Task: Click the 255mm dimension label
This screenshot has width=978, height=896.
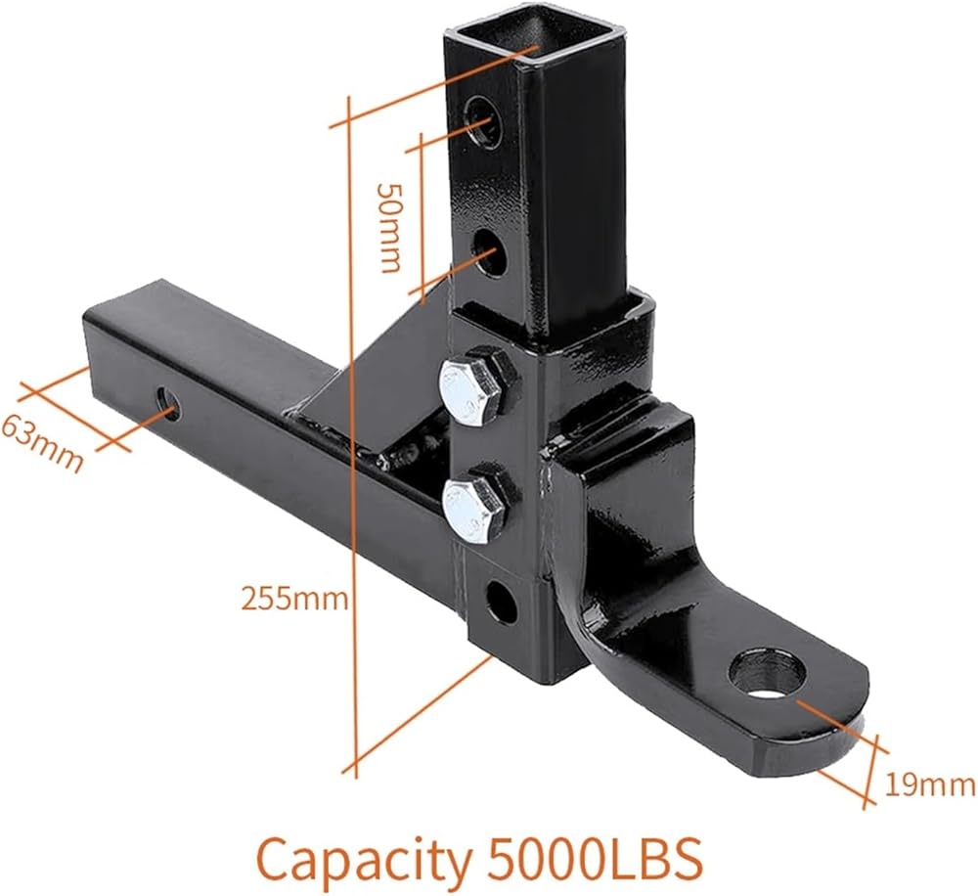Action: [294, 600]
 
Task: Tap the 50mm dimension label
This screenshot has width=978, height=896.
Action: [390, 228]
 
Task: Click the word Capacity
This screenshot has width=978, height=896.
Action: [364, 861]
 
